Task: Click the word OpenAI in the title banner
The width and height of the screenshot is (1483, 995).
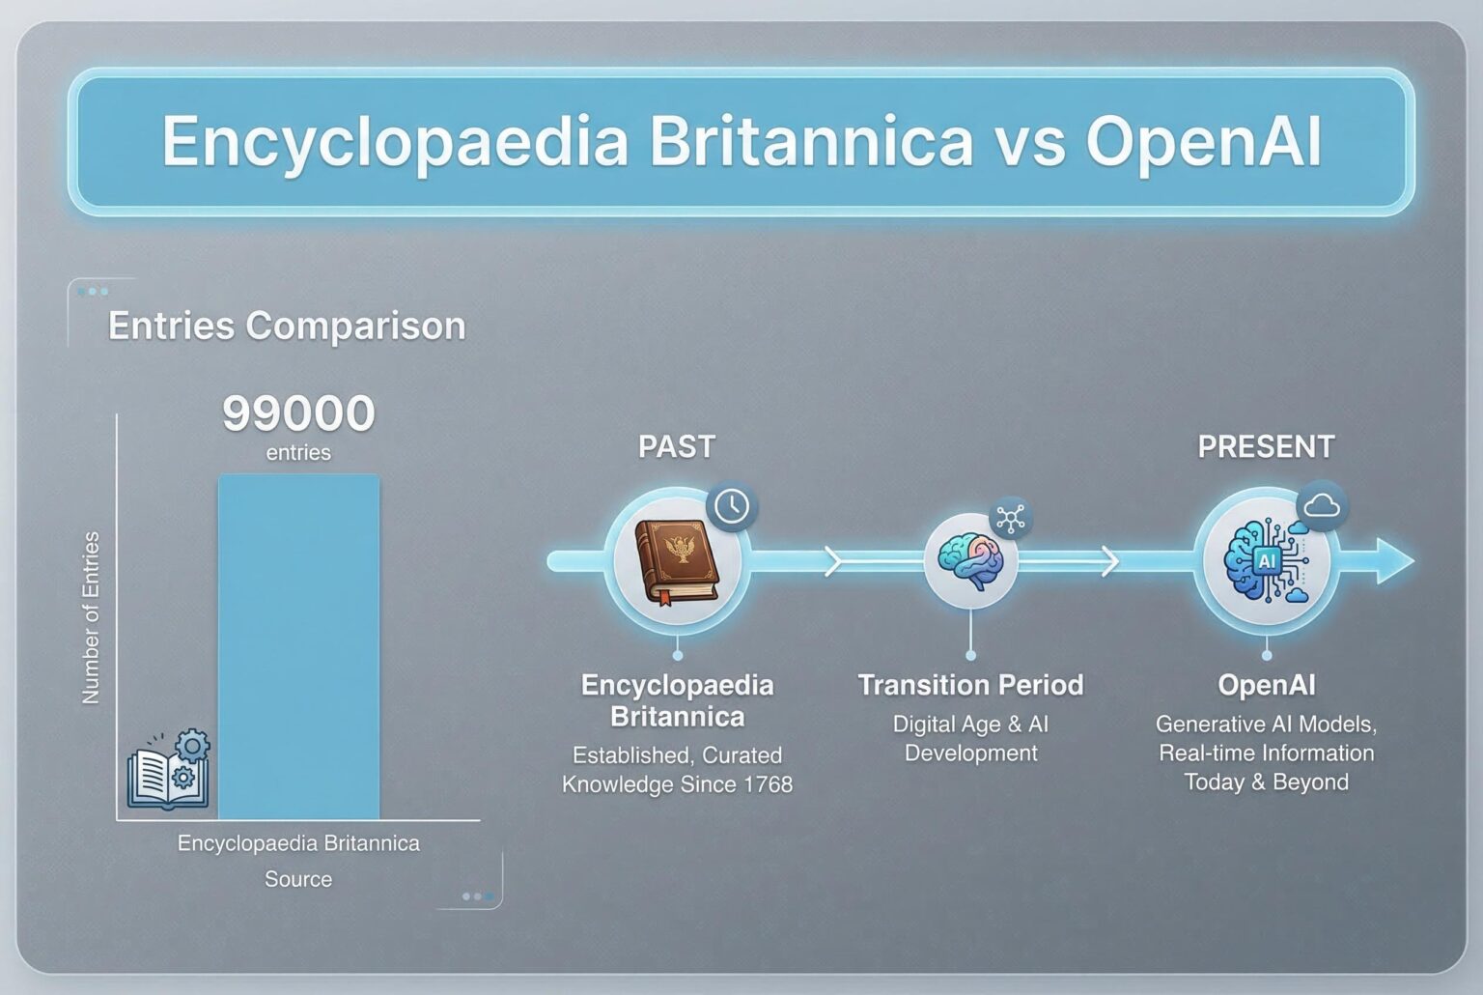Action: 1204,142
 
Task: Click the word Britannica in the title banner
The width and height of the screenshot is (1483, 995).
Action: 811,140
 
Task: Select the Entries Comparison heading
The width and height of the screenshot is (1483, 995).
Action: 287,326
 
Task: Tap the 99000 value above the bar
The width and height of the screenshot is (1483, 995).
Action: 298,412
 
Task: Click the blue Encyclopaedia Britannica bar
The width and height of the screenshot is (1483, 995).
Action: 299,646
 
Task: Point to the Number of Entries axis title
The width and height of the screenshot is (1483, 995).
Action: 90,617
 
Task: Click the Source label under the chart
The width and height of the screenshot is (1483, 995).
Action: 298,879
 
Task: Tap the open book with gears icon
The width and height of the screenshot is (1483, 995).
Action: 169,768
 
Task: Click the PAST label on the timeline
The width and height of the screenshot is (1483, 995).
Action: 677,446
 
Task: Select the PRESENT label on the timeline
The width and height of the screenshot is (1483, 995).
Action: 1266,446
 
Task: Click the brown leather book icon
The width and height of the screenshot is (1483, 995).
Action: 677,562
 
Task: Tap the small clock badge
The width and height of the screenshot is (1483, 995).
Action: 732,507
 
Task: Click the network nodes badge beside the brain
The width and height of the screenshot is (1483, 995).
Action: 1010,518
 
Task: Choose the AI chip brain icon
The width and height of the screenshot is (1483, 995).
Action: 1266,560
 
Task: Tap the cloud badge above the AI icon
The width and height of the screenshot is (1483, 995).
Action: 1322,506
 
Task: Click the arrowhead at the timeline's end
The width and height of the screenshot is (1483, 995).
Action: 1395,561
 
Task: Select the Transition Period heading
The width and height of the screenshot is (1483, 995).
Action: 970,685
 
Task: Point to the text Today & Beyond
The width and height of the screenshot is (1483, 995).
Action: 1266,782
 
